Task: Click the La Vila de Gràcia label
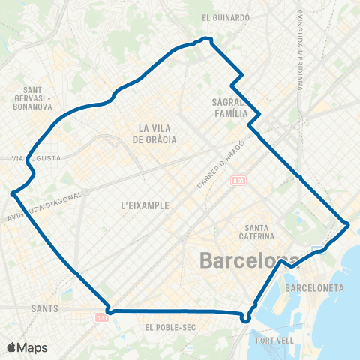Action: (157, 133)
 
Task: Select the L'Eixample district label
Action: (143, 204)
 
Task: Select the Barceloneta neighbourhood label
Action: (315, 287)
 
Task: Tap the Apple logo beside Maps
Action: (11, 347)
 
